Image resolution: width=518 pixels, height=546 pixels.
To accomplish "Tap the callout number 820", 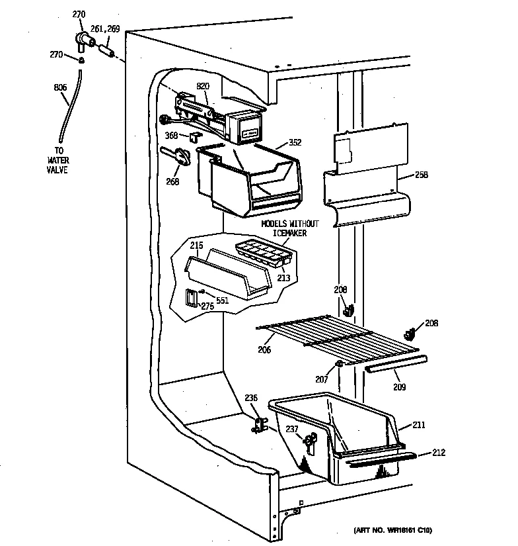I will point(202,86).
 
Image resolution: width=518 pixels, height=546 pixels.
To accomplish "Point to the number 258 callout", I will point(422,175).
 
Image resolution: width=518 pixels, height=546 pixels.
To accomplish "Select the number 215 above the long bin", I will point(196,246).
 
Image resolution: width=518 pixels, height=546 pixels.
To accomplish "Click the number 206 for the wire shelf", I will point(265,350).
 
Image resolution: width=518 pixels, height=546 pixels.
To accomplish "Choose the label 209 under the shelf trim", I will point(400,387).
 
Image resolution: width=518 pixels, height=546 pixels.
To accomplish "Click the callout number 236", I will point(251,398).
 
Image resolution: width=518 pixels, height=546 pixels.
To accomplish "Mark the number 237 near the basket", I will point(291,428).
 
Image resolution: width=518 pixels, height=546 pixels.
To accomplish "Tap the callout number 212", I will point(439,453).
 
